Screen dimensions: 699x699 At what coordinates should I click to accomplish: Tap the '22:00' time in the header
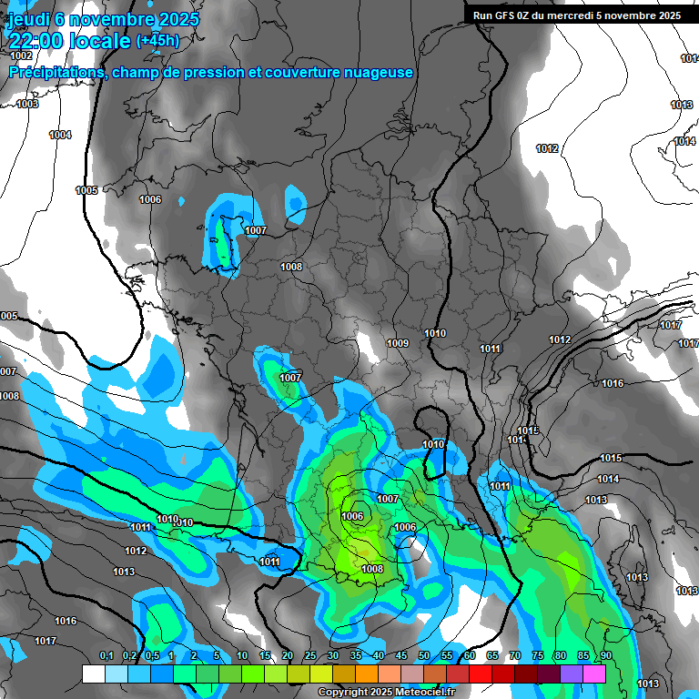36,40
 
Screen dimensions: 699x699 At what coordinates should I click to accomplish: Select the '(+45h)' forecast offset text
157,40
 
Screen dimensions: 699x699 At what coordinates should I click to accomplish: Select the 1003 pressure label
27,104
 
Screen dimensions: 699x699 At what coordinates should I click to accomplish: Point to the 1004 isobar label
60,135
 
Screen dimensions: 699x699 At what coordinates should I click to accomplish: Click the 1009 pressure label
397,343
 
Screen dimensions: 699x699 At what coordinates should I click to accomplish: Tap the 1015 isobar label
610,458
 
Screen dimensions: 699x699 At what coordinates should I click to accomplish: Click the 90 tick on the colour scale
605,655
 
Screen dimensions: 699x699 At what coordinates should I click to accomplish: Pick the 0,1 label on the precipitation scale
106,655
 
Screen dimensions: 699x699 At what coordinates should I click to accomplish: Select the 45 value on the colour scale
401,655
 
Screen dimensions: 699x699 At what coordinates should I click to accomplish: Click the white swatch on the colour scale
93,674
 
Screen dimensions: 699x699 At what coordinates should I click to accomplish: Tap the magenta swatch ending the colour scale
594,674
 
